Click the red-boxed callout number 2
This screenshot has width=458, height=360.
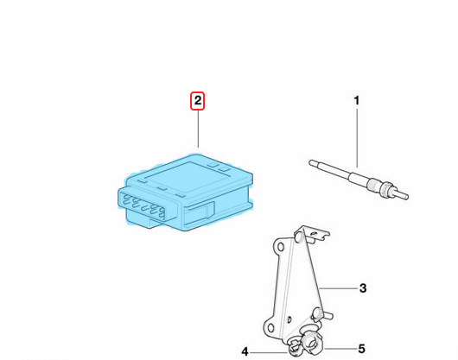pos(198,101)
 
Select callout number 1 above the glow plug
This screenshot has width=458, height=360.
pos(356,101)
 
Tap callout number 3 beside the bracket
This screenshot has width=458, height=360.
pos(363,288)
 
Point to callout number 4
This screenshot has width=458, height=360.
pos(245,352)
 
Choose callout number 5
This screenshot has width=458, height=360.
pos(361,349)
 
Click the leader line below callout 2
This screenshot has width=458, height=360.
pos(198,129)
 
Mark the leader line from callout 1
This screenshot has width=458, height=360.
pos(357,138)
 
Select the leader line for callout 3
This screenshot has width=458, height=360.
pos(338,288)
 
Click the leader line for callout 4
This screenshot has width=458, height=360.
pos(269,352)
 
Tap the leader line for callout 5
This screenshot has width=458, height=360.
pos(340,349)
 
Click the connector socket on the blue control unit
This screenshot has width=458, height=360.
pos(148,205)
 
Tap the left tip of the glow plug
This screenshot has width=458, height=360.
pos(311,162)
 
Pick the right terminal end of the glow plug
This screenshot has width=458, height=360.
pos(406,197)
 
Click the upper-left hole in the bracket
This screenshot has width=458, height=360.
pos(280,248)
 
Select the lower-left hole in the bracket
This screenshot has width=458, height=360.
pos(270,327)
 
